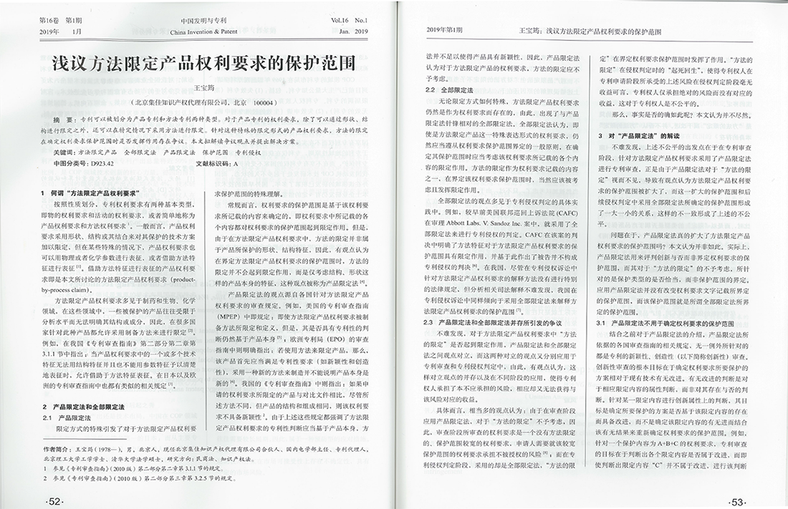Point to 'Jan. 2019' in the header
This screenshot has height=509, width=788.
352,33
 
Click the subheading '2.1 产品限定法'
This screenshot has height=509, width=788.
74,417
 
